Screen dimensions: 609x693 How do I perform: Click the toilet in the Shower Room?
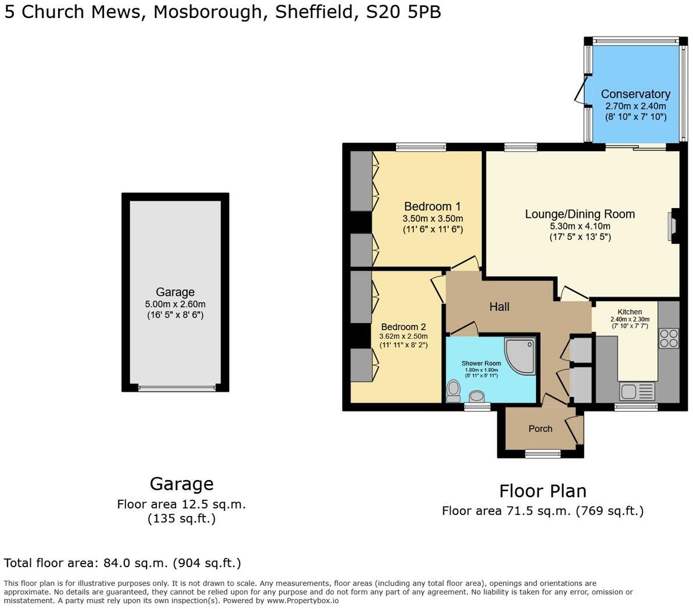(453, 391)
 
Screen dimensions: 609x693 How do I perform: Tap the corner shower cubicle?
(520, 355)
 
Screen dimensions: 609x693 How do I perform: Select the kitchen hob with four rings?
(669, 338)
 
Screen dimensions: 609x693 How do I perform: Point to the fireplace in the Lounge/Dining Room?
(673, 225)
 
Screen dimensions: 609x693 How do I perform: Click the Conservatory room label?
(635, 94)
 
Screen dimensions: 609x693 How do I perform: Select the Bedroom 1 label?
(432, 206)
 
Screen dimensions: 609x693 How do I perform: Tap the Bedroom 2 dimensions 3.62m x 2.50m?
(403, 336)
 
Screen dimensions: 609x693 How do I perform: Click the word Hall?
(499, 307)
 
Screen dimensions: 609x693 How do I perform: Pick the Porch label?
(540, 429)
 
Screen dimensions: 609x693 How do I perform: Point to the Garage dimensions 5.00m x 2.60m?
(175, 304)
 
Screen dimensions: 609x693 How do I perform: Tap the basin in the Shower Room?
(477, 396)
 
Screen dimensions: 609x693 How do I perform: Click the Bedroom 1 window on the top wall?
(421, 148)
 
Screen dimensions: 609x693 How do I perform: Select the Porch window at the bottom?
(542, 453)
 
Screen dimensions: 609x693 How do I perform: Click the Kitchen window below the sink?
(635, 407)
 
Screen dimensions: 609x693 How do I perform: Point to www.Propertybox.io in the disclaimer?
(302, 601)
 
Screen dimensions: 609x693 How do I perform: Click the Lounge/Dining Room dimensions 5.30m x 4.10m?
(580, 226)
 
